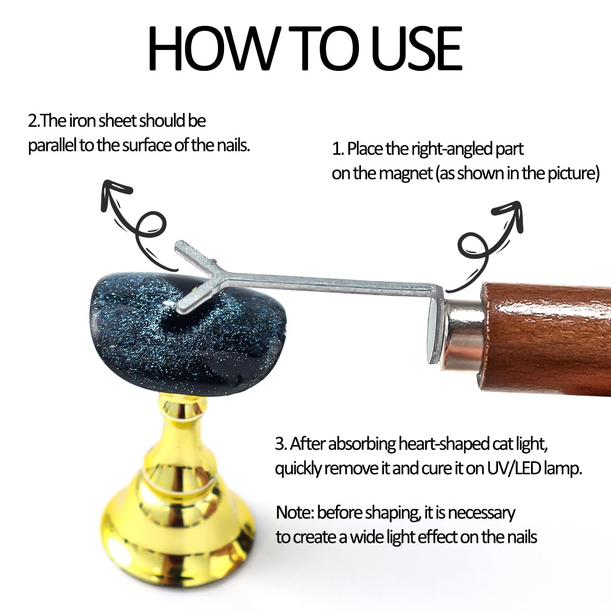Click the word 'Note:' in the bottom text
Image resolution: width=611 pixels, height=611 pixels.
(x=295, y=513)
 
